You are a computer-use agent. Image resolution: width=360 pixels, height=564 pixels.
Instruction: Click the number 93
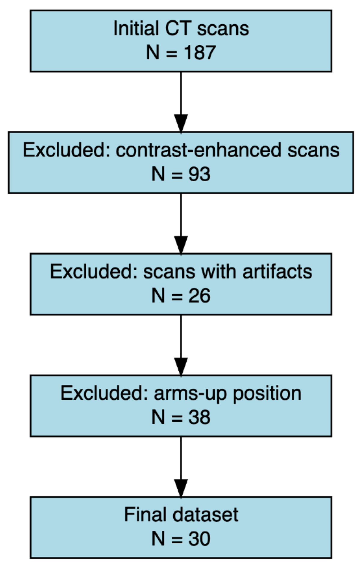tap(199, 174)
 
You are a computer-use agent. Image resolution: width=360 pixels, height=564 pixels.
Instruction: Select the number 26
tap(199, 296)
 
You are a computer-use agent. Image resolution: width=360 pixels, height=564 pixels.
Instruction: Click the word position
tap(267, 394)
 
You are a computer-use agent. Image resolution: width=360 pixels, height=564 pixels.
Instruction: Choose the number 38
tap(199, 417)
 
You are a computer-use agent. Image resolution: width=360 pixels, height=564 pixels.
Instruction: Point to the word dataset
tap(205, 514)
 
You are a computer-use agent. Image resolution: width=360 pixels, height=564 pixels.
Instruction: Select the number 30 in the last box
tap(199, 538)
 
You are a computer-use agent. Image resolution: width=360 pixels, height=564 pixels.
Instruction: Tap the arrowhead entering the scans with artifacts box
tap(181, 245)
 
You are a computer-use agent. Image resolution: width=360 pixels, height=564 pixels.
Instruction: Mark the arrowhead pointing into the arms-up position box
tap(181, 367)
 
